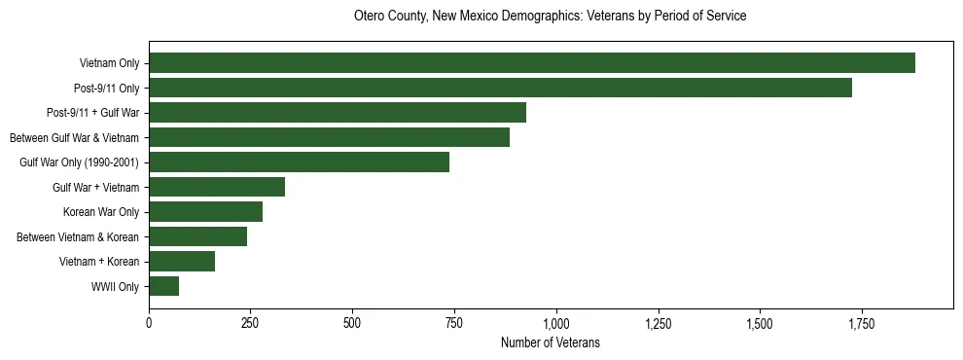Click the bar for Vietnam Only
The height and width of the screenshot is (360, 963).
pos(532,63)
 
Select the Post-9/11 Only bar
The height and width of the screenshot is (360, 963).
pos(500,88)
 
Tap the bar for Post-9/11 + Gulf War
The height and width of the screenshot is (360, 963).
pos(338,113)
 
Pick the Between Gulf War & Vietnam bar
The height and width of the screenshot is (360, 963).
pos(329,137)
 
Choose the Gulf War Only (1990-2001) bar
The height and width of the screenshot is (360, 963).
pos(299,162)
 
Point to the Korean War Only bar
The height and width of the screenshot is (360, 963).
pos(205,212)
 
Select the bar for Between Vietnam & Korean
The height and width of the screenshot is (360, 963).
pos(197,236)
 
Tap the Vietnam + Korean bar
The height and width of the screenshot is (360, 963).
pos(182,262)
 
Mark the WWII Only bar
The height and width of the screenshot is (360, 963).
pos(163,286)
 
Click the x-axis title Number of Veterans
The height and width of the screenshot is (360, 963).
pos(550,343)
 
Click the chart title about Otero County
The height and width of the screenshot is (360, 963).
pos(550,17)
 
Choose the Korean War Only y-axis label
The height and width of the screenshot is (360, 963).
pos(101,212)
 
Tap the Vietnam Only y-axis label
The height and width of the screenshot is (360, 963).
pos(109,64)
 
